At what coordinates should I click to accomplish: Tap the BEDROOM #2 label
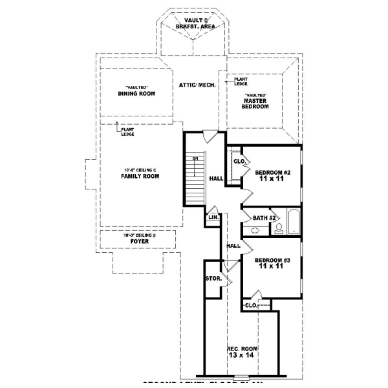coord(272,173)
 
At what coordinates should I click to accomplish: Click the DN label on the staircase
coord(193,159)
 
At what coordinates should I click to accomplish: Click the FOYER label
coord(139,241)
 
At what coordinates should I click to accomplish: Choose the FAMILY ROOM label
coord(140,176)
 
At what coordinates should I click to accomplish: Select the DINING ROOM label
coord(136,93)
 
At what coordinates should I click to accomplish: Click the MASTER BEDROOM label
coord(255,103)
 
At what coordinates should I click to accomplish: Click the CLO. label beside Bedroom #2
coord(237,161)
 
